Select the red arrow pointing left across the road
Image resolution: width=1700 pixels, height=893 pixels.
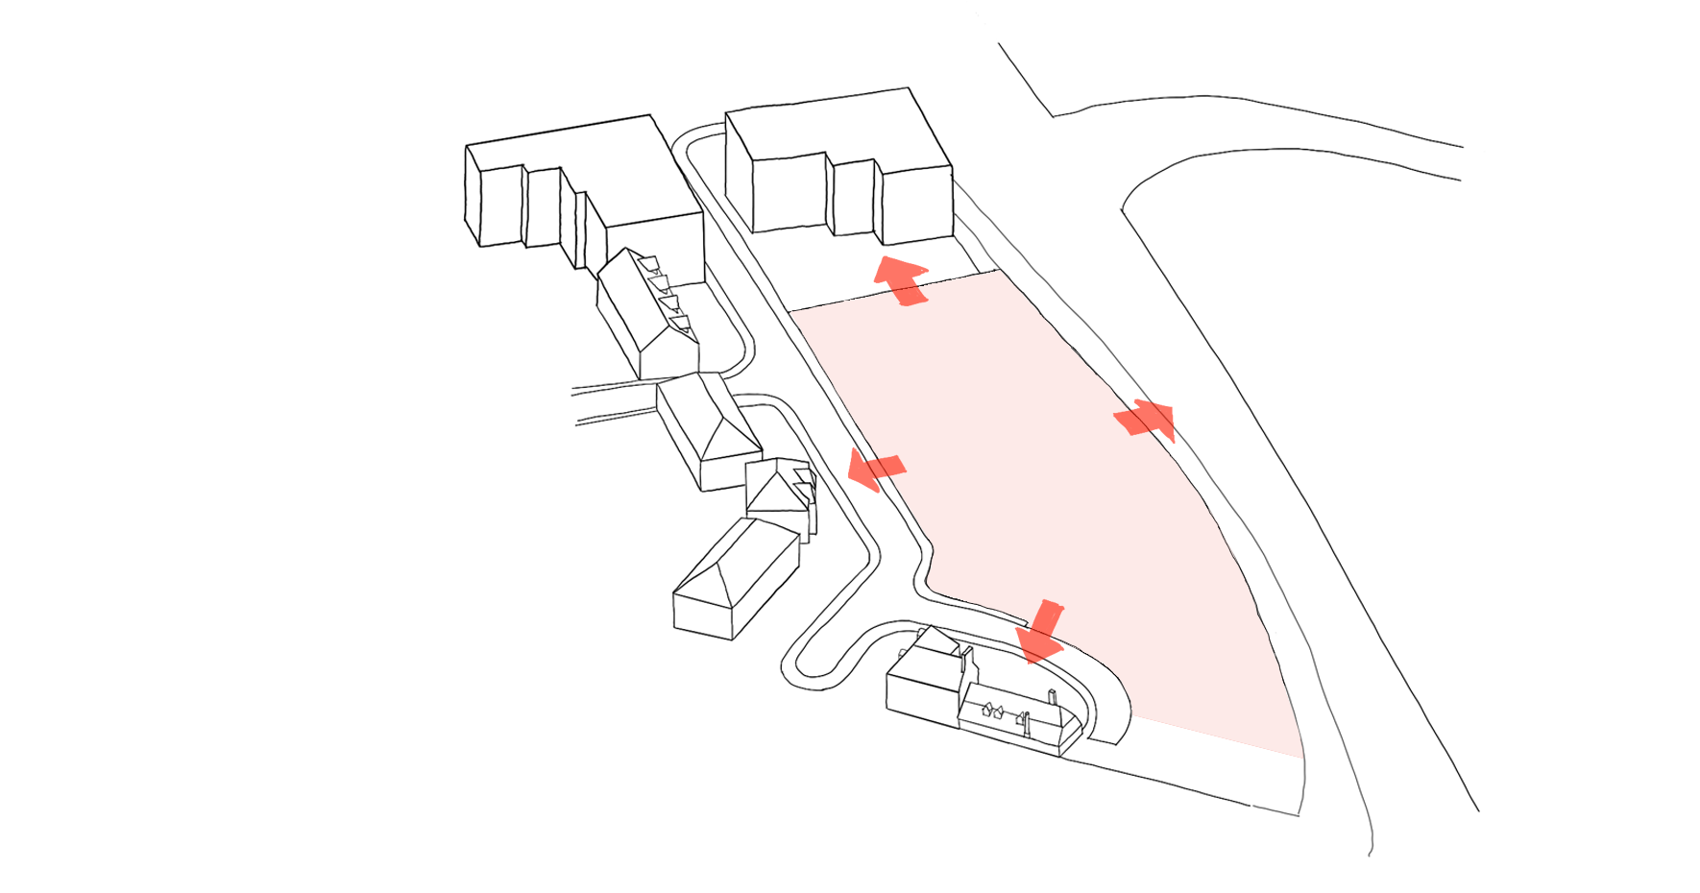click(876, 470)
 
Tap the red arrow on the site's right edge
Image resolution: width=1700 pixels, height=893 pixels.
click(1146, 420)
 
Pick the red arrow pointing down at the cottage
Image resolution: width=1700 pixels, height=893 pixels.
click(1041, 633)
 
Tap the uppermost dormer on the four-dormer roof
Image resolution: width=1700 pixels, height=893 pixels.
click(649, 262)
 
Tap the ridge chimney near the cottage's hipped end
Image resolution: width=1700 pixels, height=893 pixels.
click(1054, 698)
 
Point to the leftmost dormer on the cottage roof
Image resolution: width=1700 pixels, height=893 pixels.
click(986, 711)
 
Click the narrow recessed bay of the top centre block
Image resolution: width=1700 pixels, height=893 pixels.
click(853, 197)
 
